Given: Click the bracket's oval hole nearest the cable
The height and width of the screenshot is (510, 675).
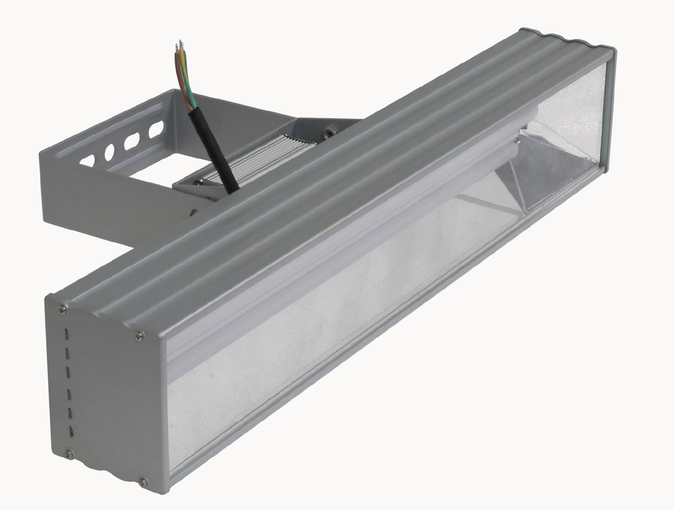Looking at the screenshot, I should coord(156,130).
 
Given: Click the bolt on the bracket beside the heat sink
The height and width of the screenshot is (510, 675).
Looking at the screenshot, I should coord(328,133).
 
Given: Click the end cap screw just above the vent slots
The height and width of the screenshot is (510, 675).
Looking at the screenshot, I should coord(61,308).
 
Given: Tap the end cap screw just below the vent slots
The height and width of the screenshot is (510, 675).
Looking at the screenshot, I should coord(69,453).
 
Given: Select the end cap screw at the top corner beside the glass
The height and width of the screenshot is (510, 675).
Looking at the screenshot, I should coord(139,336).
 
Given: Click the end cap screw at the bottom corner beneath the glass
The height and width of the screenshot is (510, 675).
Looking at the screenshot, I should coord(143,482).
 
